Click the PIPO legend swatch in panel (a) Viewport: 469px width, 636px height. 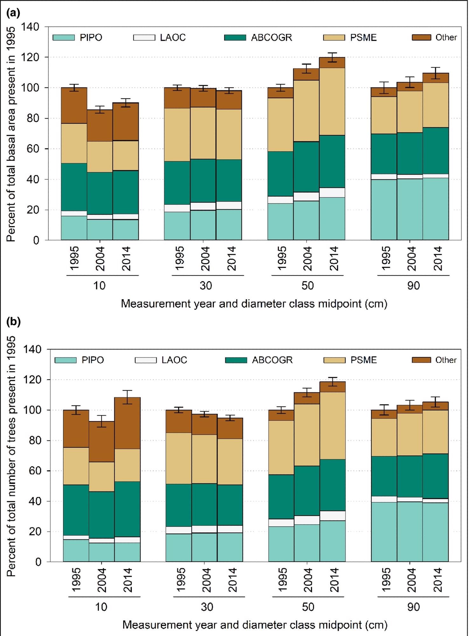[x=63, y=38]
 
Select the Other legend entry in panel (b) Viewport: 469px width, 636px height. [x=445, y=360]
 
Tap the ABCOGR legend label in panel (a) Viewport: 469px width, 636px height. [x=271, y=38]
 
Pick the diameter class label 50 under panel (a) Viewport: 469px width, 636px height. [x=307, y=286]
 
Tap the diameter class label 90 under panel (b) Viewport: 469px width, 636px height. [x=413, y=607]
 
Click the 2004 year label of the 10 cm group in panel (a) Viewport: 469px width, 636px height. [x=100, y=259]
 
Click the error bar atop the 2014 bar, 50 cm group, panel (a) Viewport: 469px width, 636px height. [x=332, y=57]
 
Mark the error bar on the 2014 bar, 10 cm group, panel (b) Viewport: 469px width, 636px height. [x=127, y=397]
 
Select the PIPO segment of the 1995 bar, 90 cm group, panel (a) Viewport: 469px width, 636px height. [x=384, y=210]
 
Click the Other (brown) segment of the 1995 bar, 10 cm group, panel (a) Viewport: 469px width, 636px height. [x=74, y=106]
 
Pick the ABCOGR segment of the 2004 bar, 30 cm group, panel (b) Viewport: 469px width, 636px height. [x=204, y=504]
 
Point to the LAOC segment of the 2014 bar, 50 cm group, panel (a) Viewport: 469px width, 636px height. [x=332, y=193]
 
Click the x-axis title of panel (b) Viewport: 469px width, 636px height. [x=255, y=625]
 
